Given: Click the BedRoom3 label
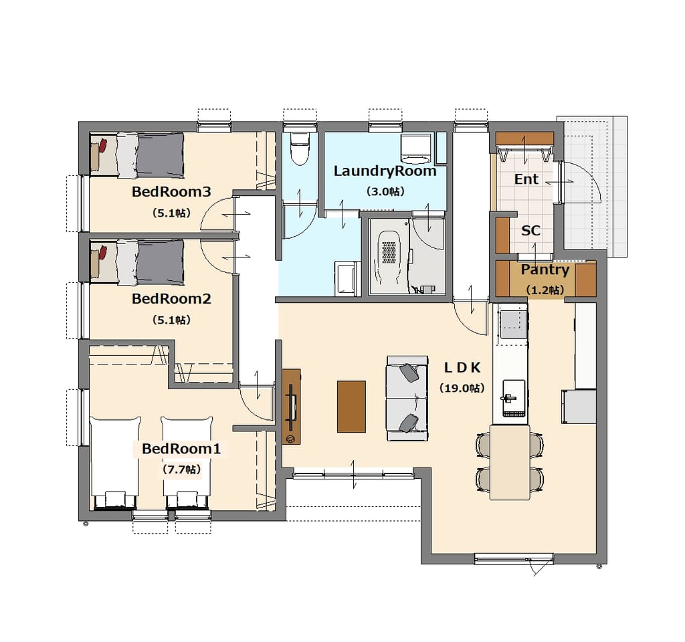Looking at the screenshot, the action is [171, 192].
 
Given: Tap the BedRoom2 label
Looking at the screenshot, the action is [171, 299].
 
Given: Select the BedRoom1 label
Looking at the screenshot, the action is [181, 449].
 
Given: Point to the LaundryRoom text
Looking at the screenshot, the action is [385, 171].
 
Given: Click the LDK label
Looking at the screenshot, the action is [462, 368].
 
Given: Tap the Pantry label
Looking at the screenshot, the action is [545, 270].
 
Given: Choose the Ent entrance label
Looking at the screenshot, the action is [526, 179].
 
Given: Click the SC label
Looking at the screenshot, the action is [530, 231].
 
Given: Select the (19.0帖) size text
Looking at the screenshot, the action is [462, 388].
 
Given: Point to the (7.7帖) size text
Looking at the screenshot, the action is [182, 469].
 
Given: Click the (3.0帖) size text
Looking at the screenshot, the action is [385, 191].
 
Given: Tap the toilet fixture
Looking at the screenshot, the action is [300, 148].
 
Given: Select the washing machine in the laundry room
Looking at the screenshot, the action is [416, 149].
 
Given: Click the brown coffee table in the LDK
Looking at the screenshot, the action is [351, 407].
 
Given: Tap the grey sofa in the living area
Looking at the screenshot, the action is [407, 399].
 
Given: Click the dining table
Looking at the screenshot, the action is [510, 462].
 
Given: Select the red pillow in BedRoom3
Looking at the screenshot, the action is [102, 145].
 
